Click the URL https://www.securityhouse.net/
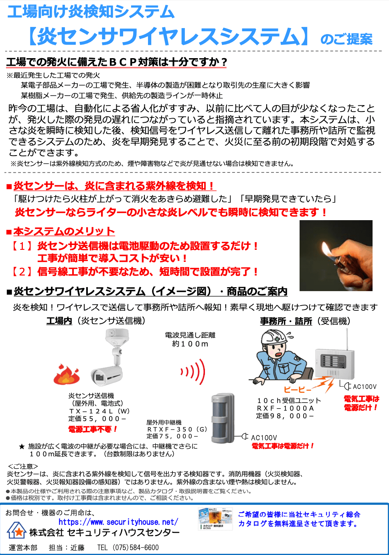118,522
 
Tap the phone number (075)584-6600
135,547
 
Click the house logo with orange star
17,530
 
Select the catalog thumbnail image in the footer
215,519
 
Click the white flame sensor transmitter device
109,359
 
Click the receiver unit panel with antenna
334,363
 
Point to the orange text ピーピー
297,390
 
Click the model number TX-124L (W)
99,411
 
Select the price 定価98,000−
285,416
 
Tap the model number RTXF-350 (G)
177,429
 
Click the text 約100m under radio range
190,344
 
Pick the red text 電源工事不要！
93,429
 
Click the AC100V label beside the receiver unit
365,387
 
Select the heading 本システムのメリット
64,231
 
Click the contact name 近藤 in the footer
77,547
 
